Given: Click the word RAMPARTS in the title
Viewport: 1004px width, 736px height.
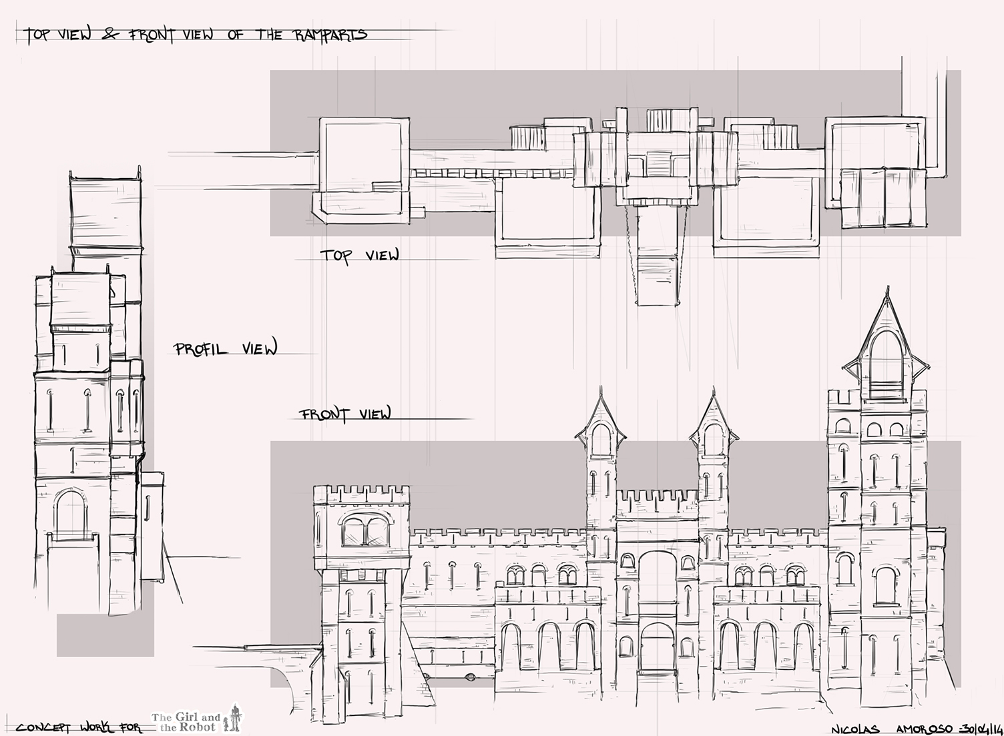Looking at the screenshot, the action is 331,35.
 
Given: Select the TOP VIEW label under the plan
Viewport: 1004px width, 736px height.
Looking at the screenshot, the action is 359,256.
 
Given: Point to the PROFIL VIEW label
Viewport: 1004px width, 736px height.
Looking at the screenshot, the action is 226,348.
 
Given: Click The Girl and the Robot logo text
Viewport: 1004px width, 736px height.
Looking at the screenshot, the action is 186,722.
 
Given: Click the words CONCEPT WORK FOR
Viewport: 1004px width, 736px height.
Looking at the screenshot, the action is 79,728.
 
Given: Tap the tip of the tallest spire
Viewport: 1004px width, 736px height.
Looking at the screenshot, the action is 888,287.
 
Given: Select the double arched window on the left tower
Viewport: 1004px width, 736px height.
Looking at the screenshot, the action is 365,530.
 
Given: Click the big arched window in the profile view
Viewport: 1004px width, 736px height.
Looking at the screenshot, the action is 70,514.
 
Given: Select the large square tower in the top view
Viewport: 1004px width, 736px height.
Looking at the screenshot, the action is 364,170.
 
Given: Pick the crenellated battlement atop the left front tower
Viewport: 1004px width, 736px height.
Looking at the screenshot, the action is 361,494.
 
